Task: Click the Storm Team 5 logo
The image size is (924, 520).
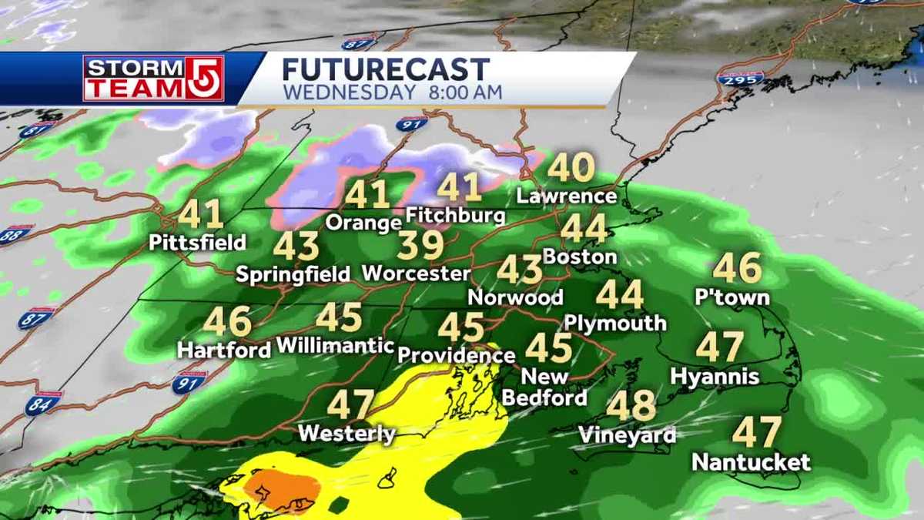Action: (x=153, y=78)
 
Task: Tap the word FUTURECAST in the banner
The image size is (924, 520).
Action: (x=385, y=69)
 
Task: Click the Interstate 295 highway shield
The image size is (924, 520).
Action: (x=740, y=78)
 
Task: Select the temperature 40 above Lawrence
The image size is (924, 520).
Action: (x=571, y=168)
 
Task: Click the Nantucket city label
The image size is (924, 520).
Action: (x=751, y=462)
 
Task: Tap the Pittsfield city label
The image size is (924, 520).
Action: (x=198, y=242)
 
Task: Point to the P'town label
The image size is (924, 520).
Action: (x=732, y=297)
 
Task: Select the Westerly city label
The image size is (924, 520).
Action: (x=346, y=434)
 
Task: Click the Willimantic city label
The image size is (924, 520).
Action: (x=335, y=345)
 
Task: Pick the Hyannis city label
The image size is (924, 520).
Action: (x=715, y=377)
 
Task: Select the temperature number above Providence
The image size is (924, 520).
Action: (x=462, y=327)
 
